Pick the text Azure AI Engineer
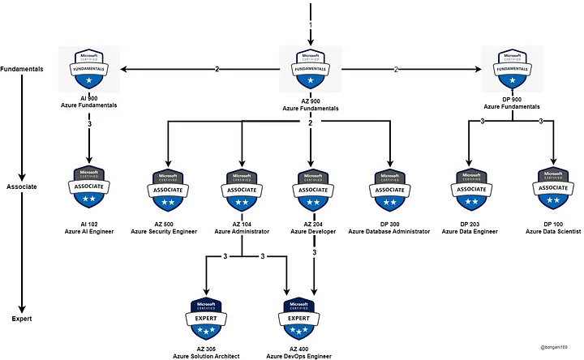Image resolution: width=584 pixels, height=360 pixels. [x=90, y=232]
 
